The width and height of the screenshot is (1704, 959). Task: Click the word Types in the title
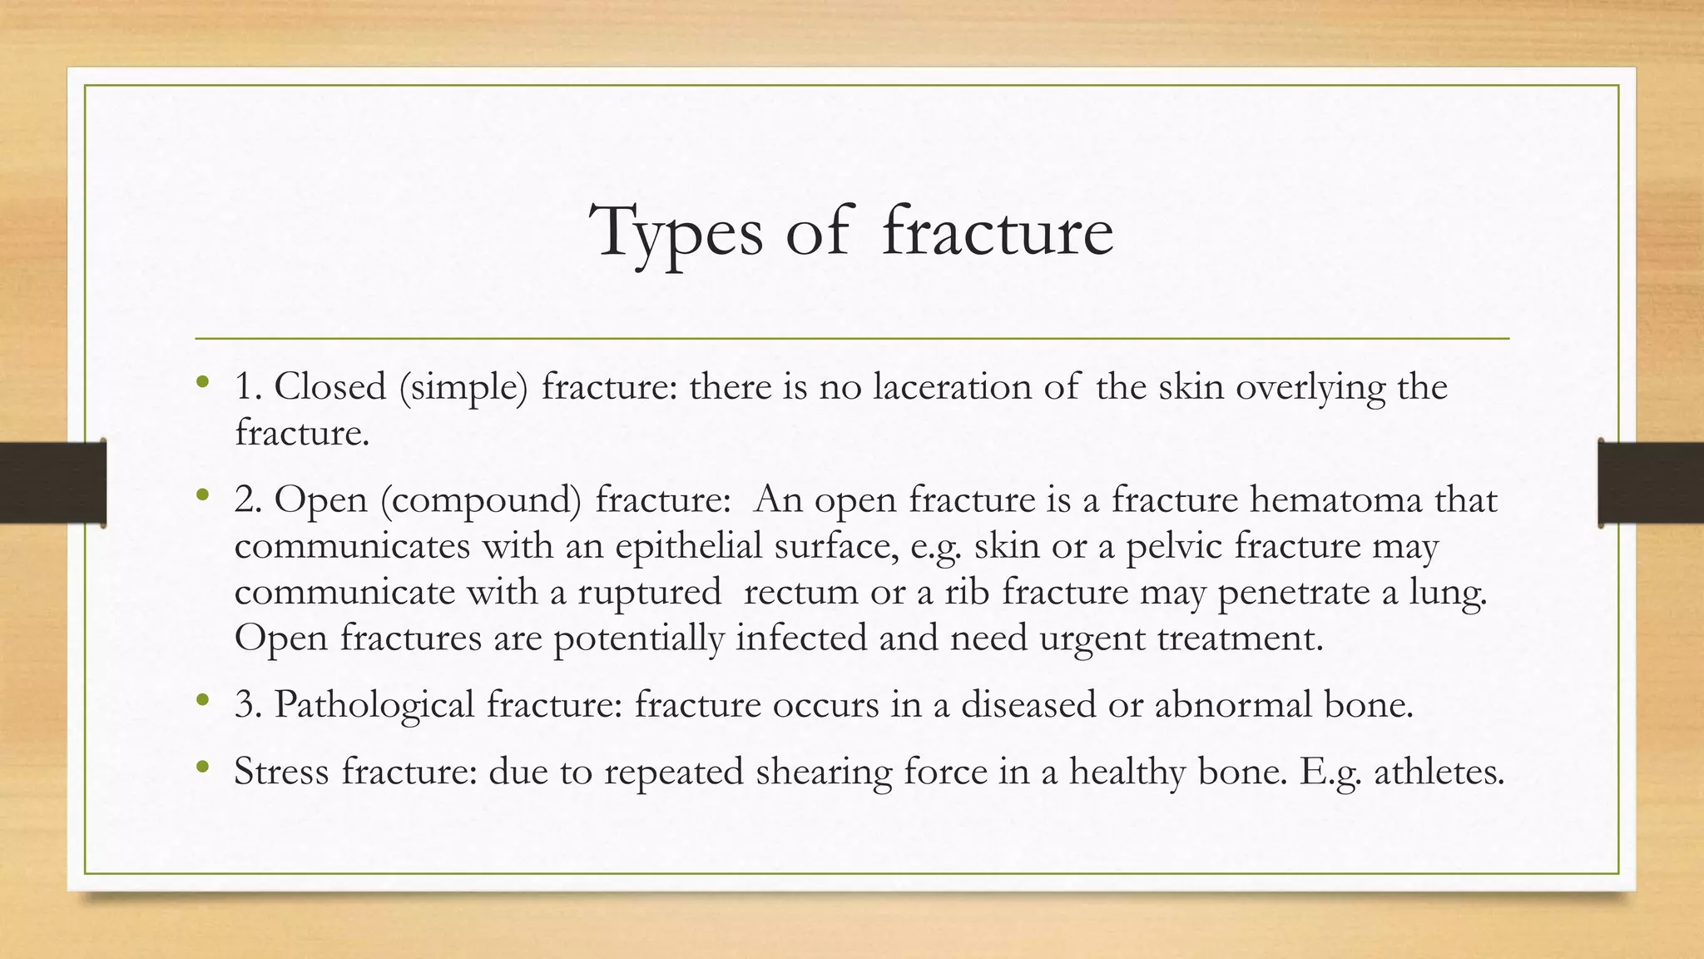click(676, 233)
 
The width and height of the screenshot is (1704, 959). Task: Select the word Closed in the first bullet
click(330, 387)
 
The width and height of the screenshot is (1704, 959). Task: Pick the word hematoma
click(1336, 500)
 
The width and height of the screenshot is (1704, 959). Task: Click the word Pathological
click(374, 705)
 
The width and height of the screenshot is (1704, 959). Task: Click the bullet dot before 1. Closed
click(202, 383)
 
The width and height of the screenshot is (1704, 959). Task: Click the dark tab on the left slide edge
click(52, 483)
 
